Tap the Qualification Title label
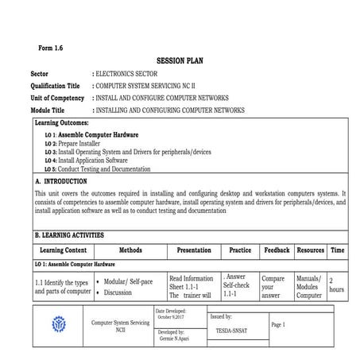point(55,86)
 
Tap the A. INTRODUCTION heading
point(67,181)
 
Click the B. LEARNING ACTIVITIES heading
point(75,236)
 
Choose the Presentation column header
point(193,250)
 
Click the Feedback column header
point(277,250)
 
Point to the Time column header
point(338,250)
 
